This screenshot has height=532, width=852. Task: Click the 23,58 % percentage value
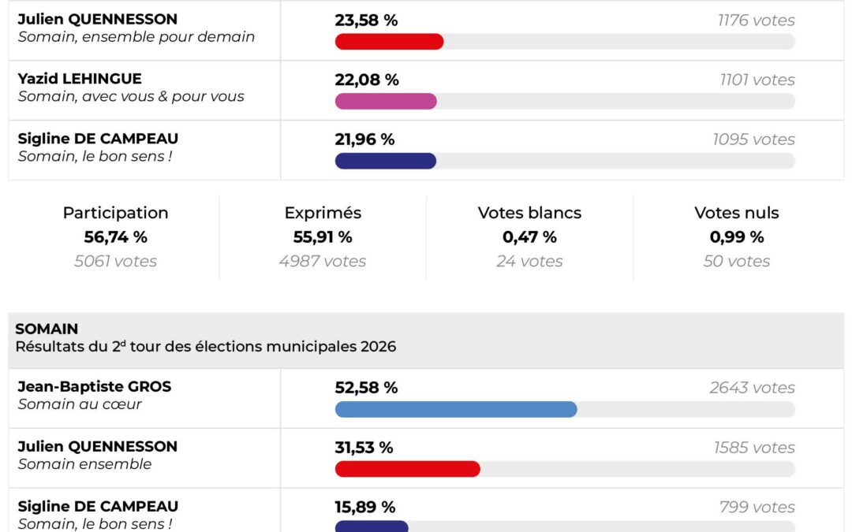[366, 20]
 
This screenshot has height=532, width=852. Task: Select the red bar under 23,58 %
[389, 42]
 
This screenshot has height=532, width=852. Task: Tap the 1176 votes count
[756, 20]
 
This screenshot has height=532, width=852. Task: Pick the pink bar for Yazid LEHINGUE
[385, 101]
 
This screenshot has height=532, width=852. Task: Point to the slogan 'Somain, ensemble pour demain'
[136, 37]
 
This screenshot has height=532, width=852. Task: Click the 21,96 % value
[364, 140]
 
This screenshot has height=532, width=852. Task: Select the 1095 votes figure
[753, 140]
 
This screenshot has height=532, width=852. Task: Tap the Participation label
[115, 213]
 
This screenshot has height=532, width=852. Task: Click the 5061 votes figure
[115, 261]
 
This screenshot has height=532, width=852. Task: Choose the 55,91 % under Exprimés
[323, 237]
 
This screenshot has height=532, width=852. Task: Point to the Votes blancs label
[529, 213]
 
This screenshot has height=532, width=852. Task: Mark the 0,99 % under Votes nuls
[736, 237]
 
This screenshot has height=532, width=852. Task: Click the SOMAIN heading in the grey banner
[47, 329]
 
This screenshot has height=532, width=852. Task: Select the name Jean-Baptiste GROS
[94, 387]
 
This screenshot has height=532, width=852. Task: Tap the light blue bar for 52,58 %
[456, 409]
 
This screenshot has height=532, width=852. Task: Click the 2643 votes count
[752, 388]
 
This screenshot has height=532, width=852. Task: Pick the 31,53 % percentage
[364, 448]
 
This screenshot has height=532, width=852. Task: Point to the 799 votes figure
[757, 508]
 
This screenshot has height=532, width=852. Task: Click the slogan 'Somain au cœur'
[80, 404]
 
